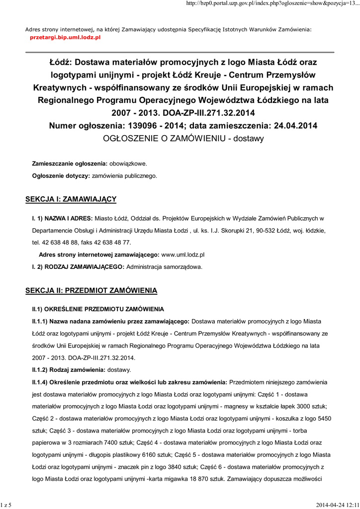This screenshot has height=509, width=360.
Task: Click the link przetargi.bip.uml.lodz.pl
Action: pos(66,37)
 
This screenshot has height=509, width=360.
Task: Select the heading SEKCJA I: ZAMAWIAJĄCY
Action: pos(71,199)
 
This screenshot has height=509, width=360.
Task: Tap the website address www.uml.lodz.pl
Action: pos(183,254)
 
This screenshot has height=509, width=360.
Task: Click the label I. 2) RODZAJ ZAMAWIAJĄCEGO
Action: pos(78,267)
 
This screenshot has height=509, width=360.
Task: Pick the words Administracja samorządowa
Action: pos(165,267)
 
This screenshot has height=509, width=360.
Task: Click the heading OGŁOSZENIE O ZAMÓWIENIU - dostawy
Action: pos(183,139)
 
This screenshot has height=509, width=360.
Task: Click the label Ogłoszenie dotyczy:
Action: pos(61,175)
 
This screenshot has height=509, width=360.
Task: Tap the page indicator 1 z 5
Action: pos(6,505)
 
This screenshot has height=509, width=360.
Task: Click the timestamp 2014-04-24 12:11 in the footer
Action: pos(336,505)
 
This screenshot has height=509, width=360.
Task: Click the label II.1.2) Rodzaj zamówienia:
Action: pos(68,370)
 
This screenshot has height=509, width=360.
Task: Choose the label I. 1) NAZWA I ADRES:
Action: pos(60,218)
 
